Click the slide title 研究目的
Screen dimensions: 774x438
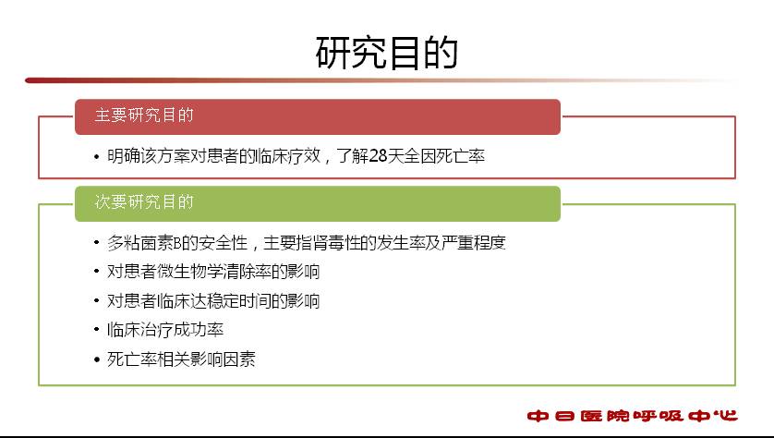pyautogui.click(x=386, y=53)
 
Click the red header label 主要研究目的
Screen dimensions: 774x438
pyautogui.click(x=144, y=116)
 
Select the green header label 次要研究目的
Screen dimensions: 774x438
pyautogui.click(x=144, y=202)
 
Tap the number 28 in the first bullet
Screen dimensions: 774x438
pyautogui.click(x=378, y=156)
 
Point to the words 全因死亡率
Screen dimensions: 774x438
pyautogui.click(x=444, y=156)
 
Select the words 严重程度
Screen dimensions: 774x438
pyautogui.click(x=474, y=243)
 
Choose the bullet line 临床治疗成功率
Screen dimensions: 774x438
pyautogui.click(x=165, y=330)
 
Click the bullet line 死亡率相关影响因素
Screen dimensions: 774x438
pyautogui.click(x=181, y=359)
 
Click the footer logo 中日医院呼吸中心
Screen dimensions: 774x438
pyautogui.click(x=632, y=416)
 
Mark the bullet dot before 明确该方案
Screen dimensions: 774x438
pyautogui.click(x=97, y=157)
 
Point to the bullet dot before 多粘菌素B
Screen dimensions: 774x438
pyautogui.click(x=97, y=243)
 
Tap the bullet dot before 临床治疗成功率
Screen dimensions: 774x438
pyautogui.click(x=97, y=330)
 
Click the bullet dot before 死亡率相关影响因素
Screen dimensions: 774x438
pyautogui.click(x=97, y=359)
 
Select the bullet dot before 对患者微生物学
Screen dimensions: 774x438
pyautogui.click(x=97, y=272)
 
